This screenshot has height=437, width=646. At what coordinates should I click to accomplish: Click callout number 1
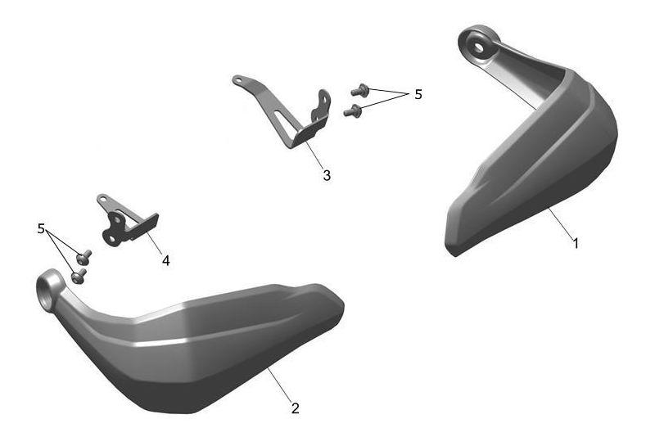click(x=576, y=243)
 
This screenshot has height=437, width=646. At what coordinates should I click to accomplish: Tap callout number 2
click(x=295, y=408)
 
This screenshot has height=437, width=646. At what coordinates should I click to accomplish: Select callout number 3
click(x=327, y=175)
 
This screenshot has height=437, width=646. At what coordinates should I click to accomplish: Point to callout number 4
click(x=165, y=260)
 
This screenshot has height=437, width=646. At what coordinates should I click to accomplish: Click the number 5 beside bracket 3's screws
click(x=418, y=94)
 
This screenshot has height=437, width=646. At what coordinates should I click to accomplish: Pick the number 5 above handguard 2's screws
click(x=41, y=228)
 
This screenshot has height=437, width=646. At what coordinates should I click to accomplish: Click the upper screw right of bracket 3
click(x=359, y=90)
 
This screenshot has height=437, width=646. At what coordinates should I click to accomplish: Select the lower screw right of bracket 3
click(x=352, y=110)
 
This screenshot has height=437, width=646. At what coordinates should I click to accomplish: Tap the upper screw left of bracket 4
click(x=84, y=257)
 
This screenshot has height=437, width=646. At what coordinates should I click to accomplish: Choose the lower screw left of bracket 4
click(x=79, y=277)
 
